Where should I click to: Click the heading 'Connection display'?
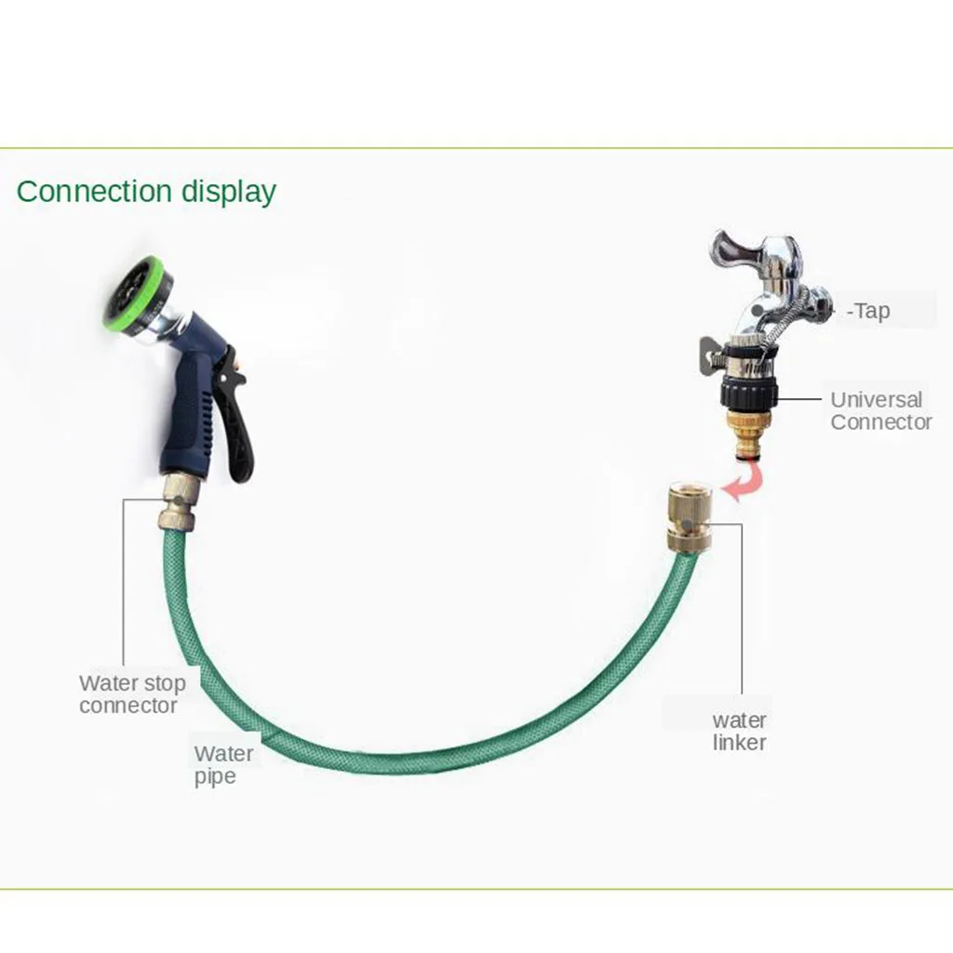(x=146, y=192)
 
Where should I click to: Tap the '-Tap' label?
(x=868, y=311)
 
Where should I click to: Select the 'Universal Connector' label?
(x=880, y=410)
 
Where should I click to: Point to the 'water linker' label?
(x=740, y=732)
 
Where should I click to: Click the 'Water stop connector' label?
(x=132, y=694)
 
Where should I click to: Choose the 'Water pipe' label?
(x=223, y=765)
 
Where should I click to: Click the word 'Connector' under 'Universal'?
(x=880, y=423)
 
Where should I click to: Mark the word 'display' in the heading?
(x=228, y=192)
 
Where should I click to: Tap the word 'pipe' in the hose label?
(x=215, y=777)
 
